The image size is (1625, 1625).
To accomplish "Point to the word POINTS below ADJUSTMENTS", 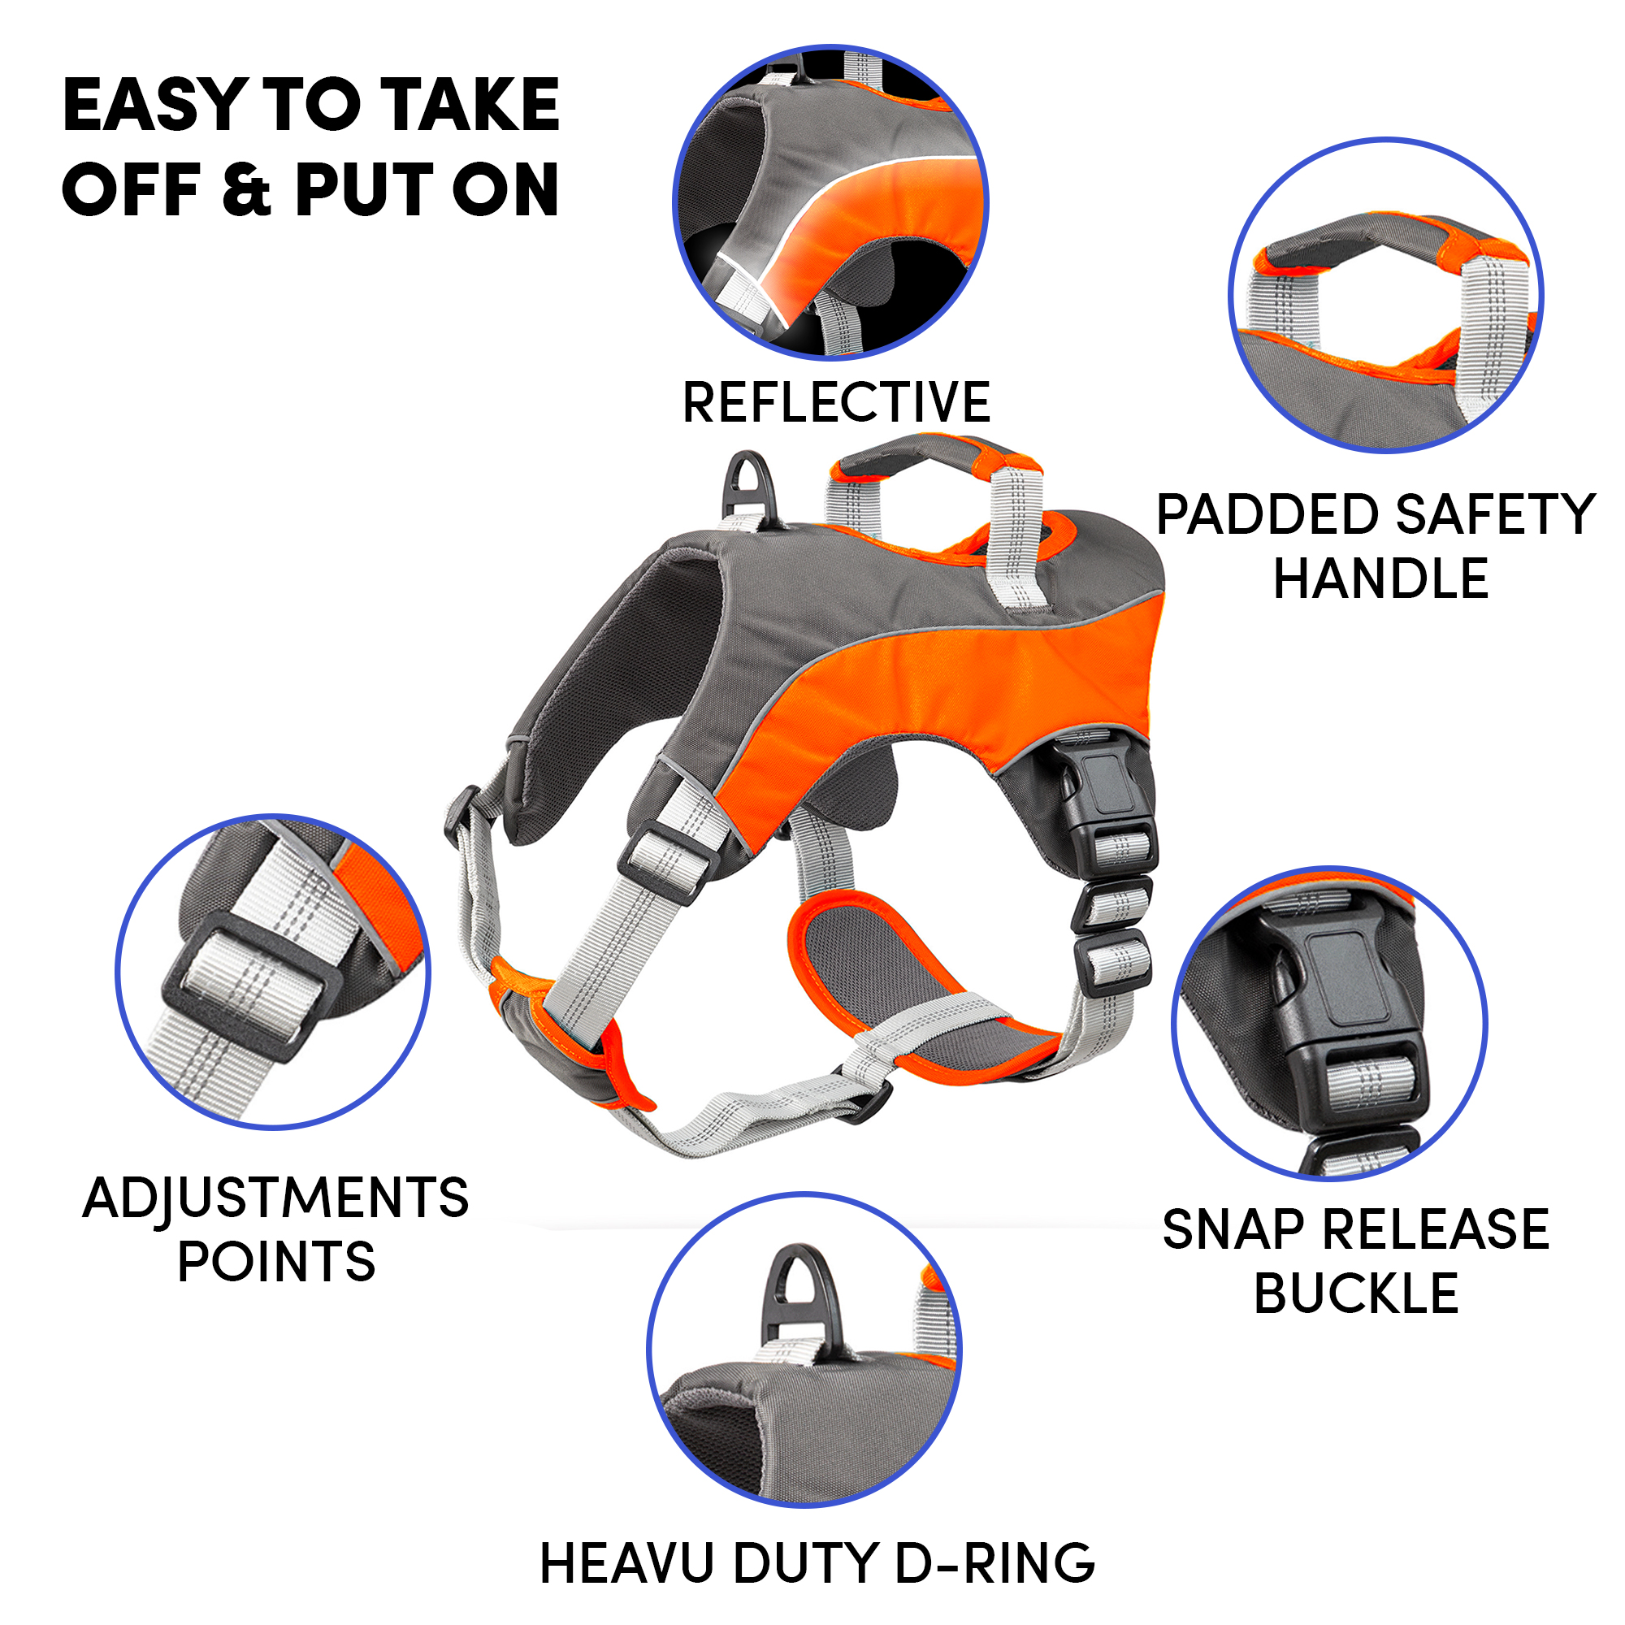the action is (276, 1262).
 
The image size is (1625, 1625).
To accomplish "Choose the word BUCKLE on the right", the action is (1356, 1293).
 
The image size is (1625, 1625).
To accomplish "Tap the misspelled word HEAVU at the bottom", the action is (629, 1563).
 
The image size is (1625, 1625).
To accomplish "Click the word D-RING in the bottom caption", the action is (995, 1563).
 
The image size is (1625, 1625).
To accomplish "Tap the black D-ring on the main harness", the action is (747, 486).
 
